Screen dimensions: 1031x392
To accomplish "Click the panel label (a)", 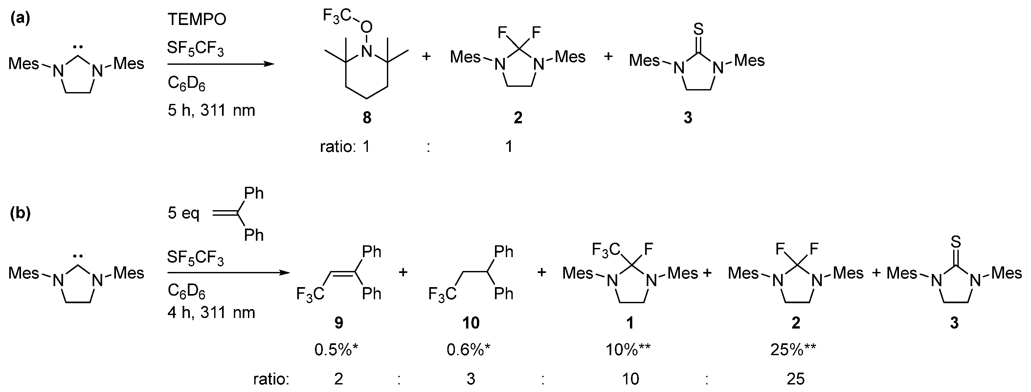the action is pyautogui.click(x=20, y=18).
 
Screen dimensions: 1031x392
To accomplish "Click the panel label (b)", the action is pyautogui.click(x=20, y=213).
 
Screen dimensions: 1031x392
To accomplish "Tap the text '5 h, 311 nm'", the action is pyautogui.click(x=211, y=110).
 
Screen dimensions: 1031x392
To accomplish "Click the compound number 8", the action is pyautogui.click(x=367, y=118).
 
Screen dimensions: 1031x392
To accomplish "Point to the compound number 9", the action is pyautogui.click(x=339, y=323).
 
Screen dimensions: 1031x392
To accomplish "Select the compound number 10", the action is pyautogui.click(x=471, y=323).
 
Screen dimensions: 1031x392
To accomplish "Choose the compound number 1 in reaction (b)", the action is pyautogui.click(x=630, y=323).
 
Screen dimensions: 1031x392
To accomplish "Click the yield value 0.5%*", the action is pyautogui.click(x=336, y=350).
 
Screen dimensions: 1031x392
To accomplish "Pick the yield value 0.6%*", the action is pyautogui.click(x=469, y=350).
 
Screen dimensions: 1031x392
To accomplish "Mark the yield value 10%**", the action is pyautogui.click(x=628, y=350).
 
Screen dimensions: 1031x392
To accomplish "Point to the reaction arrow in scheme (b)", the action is pyautogui.click(x=228, y=273).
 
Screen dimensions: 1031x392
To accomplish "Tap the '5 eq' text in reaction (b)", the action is pyautogui.click(x=183, y=213).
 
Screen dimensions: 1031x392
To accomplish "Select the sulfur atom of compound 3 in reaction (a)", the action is pyautogui.click(x=698, y=29).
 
